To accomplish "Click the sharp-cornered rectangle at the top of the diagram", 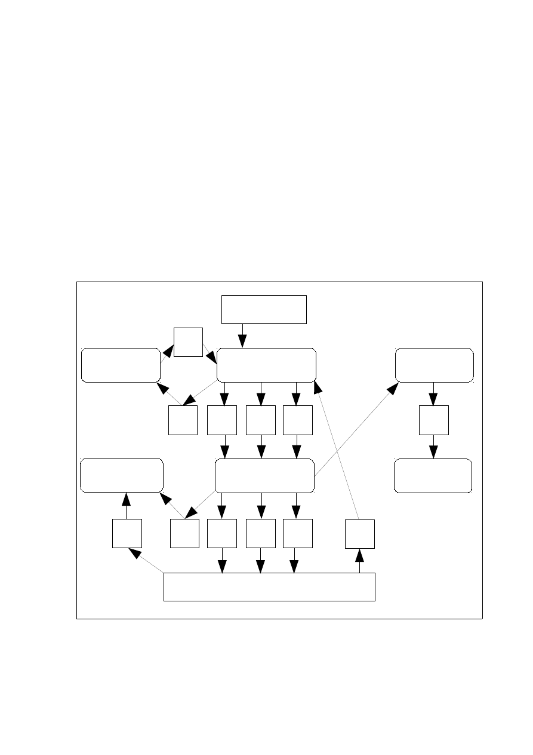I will pyautogui.click(x=264, y=309).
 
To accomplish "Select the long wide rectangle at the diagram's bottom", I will pyautogui.click(x=269, y=586).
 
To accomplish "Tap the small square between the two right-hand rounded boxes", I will pyautogui.click(x=433, y=420).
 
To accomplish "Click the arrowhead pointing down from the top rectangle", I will pyautogui.click(x=242, y=342).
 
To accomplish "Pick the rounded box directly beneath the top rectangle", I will pyautogui.click(x=266, y=365).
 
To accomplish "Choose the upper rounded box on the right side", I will pyautogui.click(x=435, y=365).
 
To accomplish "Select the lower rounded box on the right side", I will pyautogui.click(x=433, y=476).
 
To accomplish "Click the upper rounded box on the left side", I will pyautogui.click(x=121, y=365).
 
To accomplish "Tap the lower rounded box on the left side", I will pyautogui.click(x=122, y=475).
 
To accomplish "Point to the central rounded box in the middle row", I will pyautogui.click(x=264, y=476).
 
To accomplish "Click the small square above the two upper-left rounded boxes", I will pyautogui.click(x=188, y=342).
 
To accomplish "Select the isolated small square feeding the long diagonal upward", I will pyautogui.click(x=360, y=534).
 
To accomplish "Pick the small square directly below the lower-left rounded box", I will pyautogui.click(x=127, y=533).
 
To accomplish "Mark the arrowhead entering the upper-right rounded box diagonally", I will pyautogui.click(x=392, y=388).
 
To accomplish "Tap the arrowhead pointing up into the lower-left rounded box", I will pyautogui.click(x=127, y=498).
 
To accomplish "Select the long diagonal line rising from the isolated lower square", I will pyautogui.click(x=338, y=454).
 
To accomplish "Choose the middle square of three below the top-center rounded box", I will pyautogui.click(x=260, y=420).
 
